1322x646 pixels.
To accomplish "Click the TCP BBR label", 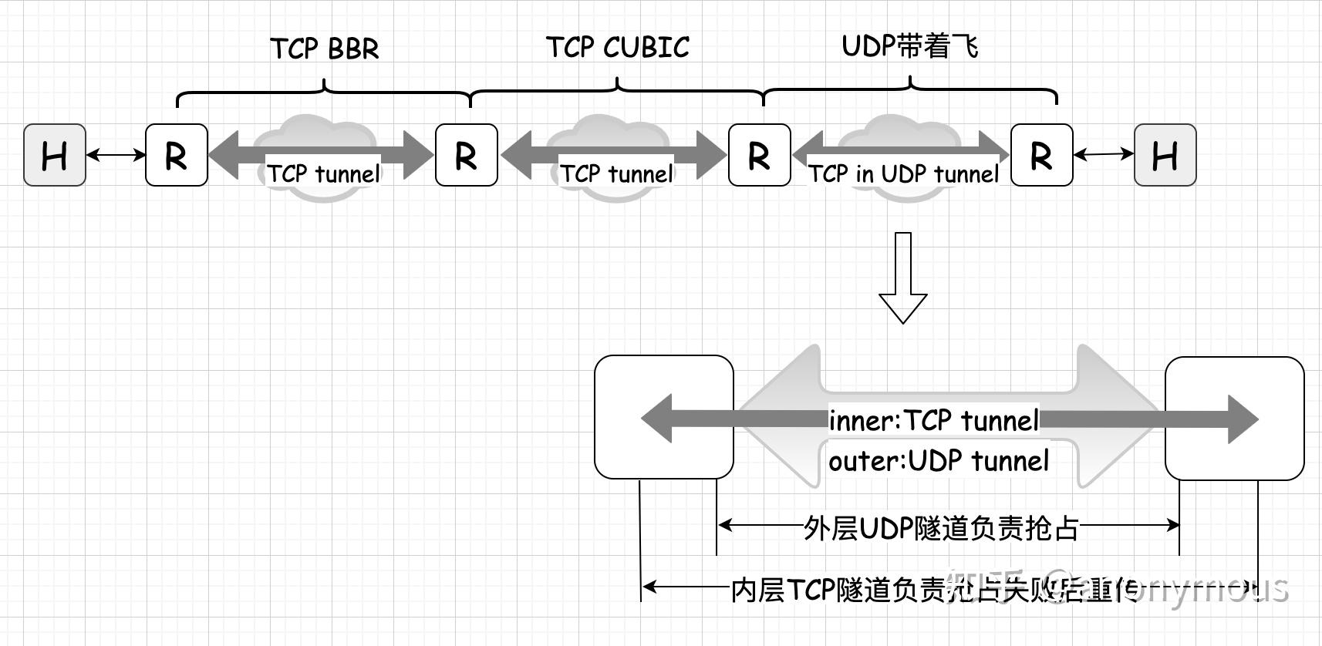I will (325, 49).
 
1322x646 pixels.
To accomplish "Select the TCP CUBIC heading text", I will (617, 48).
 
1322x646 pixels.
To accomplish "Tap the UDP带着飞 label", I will (910, 46).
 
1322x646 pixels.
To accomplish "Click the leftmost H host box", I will (55, 155).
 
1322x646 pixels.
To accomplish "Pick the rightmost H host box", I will (1165, 155).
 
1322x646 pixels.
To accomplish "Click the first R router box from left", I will (177, 155).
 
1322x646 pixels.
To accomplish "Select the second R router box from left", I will (466, 155).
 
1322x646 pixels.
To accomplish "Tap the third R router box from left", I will (759, 155).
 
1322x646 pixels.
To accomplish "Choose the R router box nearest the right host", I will (1041, 155).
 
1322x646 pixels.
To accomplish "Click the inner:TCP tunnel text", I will (934, 421).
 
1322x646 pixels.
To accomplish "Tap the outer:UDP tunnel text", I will (939, 461).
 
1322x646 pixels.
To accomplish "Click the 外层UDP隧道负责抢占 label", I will (941, 528).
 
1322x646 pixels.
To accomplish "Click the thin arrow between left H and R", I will (116, 155).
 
